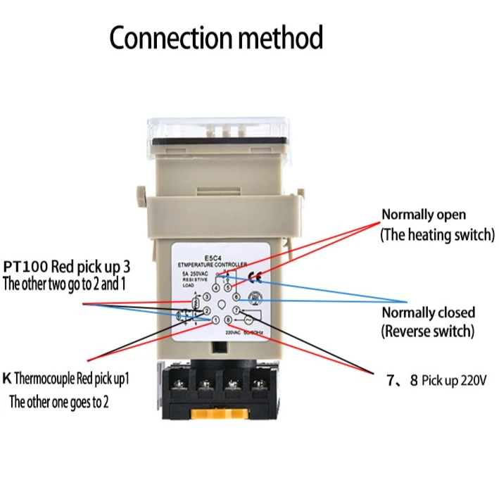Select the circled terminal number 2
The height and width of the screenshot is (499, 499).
coord(206,310)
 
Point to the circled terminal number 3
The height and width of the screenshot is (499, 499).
coord(206,297)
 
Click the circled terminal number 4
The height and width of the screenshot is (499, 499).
coord(215,287)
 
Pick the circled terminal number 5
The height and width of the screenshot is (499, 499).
coord(227,287)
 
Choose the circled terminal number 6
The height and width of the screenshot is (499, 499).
coord(236,297)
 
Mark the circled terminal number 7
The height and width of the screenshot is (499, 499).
coord(236,310)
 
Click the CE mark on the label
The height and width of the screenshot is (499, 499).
coord(255,277)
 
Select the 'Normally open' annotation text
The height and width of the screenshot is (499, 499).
coord(423,215)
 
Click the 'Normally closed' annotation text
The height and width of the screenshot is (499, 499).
coord(428,312)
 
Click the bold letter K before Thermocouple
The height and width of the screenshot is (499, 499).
coord(7,379)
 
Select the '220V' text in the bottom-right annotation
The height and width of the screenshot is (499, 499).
coord(475,381)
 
